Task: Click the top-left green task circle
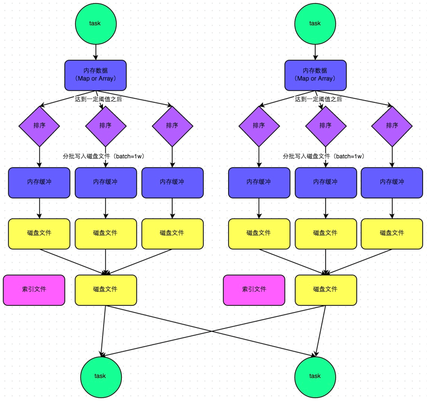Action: (95, 23)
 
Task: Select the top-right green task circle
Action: (315, 23)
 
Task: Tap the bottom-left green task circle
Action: (100, 376)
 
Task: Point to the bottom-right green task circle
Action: (315, 376)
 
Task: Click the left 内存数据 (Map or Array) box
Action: (95, 75)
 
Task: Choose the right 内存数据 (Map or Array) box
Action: (315, 75)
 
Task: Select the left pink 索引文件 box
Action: (34, 289)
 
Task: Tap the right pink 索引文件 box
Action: (254, 289)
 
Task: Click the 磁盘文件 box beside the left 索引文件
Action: (105, 289)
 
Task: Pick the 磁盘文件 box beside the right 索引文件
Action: (326, 289)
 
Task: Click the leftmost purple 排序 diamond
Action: (39, 126)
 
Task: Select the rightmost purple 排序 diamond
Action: (392, 126)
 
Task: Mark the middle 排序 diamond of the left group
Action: (105, 126)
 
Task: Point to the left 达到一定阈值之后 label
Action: (98, 100)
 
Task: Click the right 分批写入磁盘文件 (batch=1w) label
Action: (323, 157)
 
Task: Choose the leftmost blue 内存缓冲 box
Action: (39, 182)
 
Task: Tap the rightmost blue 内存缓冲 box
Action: (392, 182)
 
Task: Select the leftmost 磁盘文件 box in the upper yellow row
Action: (39, 233)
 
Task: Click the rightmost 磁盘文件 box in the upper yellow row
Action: (392, 233)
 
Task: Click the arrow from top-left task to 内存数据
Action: (95, 52)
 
